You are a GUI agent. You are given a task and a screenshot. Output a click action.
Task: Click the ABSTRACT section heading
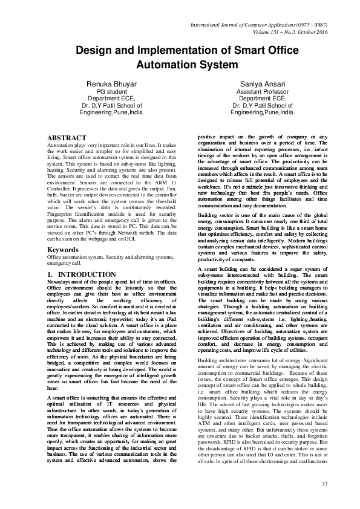(67, 138)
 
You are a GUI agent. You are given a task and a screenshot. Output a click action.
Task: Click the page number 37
(324, 485)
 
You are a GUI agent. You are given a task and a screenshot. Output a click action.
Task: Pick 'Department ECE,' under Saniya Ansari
(263, 99)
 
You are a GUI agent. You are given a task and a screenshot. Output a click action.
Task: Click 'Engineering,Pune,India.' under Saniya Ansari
(263, 112)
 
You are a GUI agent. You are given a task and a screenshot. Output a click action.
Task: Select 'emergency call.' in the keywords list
(64, 264)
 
